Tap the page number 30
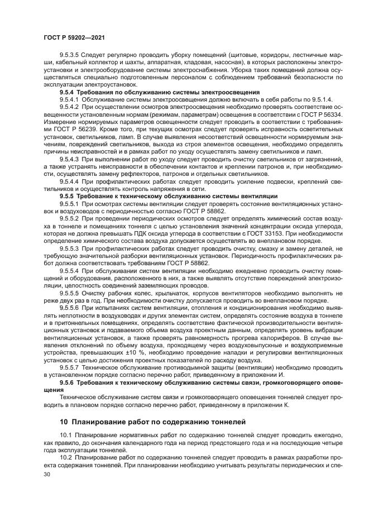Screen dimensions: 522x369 tap(47, 474)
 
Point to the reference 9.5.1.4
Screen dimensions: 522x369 tap(319, 99)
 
